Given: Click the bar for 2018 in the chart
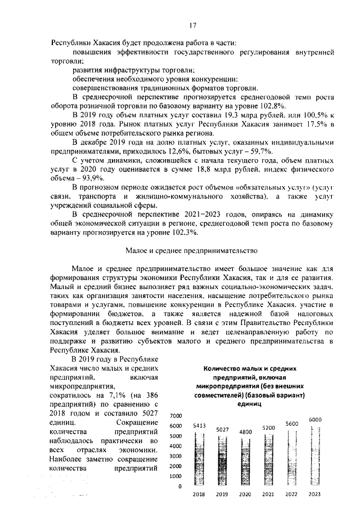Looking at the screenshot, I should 199,458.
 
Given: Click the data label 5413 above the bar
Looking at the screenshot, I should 199,426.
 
